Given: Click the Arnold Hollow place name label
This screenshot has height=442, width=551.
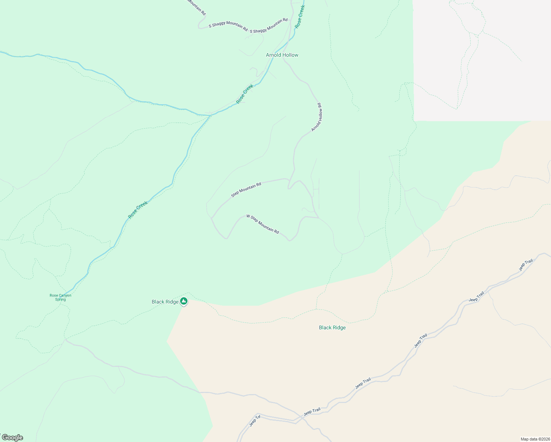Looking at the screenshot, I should [x=282, y=55].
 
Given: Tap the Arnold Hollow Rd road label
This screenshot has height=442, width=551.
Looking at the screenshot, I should [x=317, y=117].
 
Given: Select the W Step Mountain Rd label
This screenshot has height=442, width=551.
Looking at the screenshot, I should [x=263, y=224].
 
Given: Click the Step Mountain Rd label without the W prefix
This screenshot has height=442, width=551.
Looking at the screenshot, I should [x=246, y=189].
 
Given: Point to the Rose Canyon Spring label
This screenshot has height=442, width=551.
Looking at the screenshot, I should [x=60, y=297].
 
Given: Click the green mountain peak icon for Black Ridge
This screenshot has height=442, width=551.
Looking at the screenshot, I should [x=184, y=301].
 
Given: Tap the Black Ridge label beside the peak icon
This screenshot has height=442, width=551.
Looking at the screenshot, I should [x=165, y=302].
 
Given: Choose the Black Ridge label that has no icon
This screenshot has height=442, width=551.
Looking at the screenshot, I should [x=332, y=327].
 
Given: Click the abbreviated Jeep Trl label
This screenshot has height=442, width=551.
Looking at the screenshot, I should [x=255, y=421].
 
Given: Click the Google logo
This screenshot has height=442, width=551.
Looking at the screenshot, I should [x=12, y=438].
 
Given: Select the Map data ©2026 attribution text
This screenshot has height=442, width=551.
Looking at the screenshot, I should [x=535, y=439].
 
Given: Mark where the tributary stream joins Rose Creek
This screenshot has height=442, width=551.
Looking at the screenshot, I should [x=210, y=115].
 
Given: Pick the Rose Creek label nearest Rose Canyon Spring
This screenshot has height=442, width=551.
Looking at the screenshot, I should [x=138, y=210].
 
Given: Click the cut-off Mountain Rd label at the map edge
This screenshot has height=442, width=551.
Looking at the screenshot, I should [x=197, y=7].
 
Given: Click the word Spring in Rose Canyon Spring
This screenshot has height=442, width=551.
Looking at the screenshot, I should [x=60, y=299].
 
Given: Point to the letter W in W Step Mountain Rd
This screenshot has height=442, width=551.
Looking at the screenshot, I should [x=248, y=216].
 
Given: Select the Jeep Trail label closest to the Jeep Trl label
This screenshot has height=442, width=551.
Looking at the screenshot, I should [x=312, y=411].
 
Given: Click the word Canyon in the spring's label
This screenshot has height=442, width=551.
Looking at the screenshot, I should [x=65, y=295].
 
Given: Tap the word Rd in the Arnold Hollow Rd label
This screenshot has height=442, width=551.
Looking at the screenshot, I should [x=320, y=106].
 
